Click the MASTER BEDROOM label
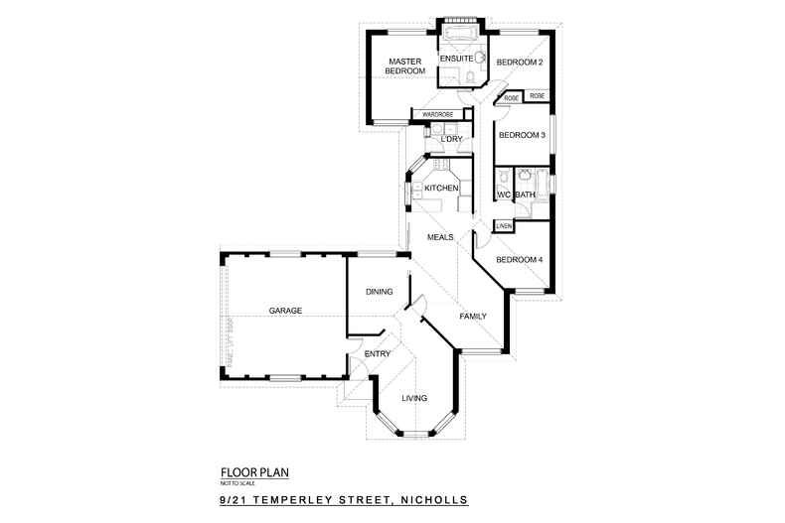[x=405, y=65]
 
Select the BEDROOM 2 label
[x=520, y=63]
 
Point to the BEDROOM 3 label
[x=522, y=135]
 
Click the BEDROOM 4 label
[x=520, y=260]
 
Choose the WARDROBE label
[x=438, y=115]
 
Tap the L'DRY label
[x=450, y=139]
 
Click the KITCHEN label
[x=441, y=188]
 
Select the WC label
[x=503, y=195]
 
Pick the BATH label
[x=524, y=195]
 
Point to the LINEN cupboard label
[x=504, y=226]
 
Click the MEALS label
[x=440, y=237]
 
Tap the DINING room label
[x=380, y=292]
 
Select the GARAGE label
[x=285, y=311]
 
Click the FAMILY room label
[x=473, y=316]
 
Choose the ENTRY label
[x=377, y=353]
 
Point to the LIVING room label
[x=414, y=399]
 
